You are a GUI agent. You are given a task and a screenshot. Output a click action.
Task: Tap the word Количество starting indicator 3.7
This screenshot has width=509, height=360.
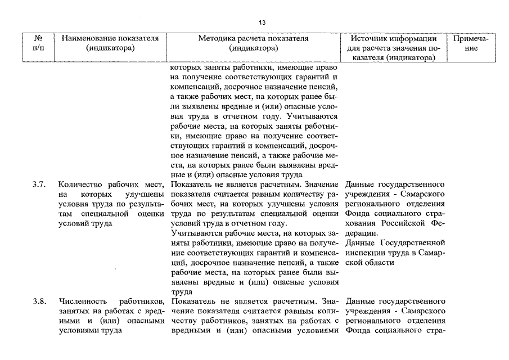(80, 184)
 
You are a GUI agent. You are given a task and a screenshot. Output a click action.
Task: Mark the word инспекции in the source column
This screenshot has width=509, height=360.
(363, 253)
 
